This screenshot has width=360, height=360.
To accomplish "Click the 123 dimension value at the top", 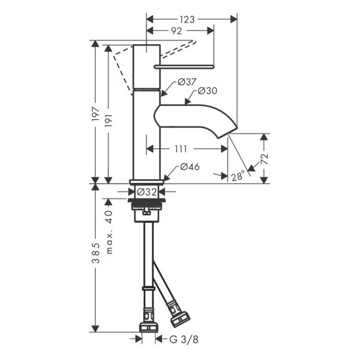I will (x=187, y=19).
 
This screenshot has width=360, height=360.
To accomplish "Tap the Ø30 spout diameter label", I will (x=208, y=91).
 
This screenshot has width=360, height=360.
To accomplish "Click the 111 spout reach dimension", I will (x=181, y=149).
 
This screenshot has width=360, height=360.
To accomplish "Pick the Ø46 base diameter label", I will (x=189, y=167).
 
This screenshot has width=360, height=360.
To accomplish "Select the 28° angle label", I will (x=238, y=176).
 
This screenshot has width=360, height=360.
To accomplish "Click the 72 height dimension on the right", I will (x=265, y=159).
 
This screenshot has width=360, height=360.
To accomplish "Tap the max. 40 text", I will (x=110, y=231).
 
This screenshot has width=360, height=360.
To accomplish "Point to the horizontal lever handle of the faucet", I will (x=184, y=66).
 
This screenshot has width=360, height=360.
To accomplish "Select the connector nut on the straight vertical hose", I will (x=149, y=327).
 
